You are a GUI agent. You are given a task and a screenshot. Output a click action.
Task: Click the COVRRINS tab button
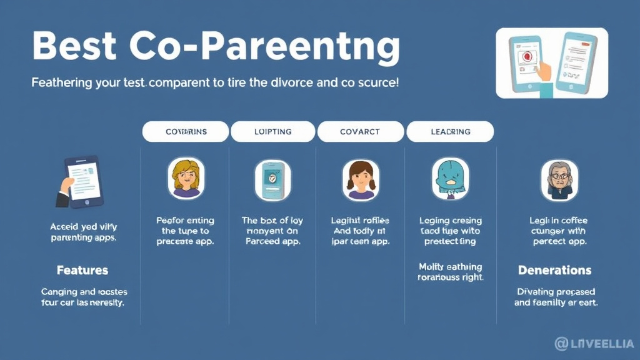(186, 132)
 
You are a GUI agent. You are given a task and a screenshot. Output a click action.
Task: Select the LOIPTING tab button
(273, 132)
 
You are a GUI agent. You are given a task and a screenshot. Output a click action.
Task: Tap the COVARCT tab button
(360, 132)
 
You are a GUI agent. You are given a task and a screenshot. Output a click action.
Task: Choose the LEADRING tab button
(450, 132)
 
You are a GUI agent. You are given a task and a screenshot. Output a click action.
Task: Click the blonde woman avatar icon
(186, 179)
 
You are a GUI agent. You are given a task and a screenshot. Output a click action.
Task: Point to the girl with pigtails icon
(360, 179)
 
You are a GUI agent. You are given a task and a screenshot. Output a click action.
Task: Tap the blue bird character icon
(450, 179)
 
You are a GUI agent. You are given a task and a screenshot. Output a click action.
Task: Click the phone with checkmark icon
(272, 179)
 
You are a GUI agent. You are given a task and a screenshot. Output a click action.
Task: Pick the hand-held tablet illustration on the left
(81, 182)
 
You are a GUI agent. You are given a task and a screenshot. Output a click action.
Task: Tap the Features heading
(82, 271)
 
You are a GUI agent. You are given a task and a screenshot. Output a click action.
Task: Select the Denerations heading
(554, 271)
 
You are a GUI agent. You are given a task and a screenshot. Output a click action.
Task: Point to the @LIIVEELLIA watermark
(593, 344)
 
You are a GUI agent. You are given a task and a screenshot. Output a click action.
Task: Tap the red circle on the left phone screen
(526, 56)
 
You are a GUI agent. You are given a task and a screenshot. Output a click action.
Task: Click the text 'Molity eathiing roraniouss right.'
(450, 272)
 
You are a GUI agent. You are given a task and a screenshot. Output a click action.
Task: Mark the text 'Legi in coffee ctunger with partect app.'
(559, 231)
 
